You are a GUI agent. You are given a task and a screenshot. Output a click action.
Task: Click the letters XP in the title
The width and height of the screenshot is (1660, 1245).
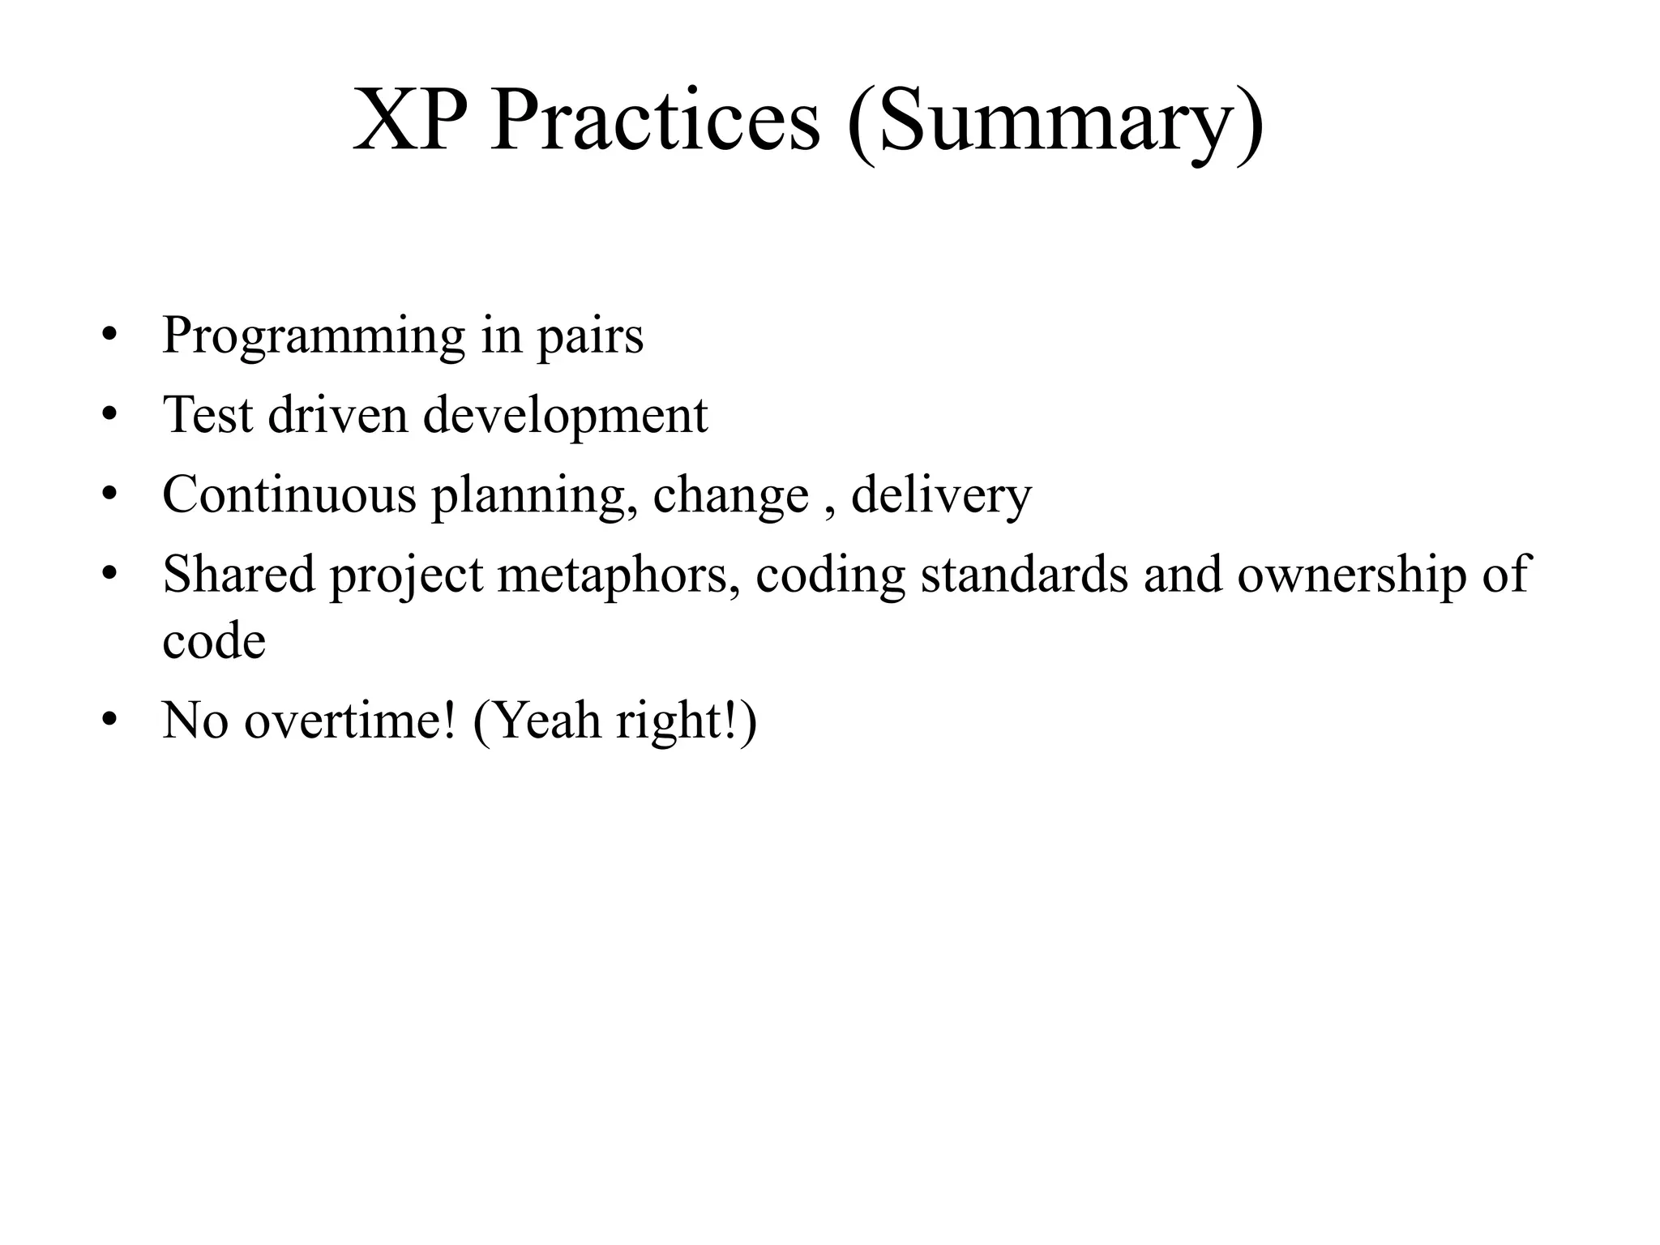tap(409, 122)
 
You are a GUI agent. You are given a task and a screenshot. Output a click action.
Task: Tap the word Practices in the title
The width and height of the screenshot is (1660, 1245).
tap(655, 122)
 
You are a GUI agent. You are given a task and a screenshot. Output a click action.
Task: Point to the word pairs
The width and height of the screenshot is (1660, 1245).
tap(590, 337)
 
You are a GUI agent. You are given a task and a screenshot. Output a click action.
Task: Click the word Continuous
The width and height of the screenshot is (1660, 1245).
tap(289, 494)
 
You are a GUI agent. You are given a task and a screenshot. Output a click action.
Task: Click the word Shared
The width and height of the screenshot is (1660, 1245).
tap(238, 575)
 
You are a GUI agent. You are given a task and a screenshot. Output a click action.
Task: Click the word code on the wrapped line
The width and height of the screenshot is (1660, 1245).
tap(214, 641)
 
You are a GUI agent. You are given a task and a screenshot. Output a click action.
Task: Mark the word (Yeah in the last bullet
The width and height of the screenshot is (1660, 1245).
tap(536, 721)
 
